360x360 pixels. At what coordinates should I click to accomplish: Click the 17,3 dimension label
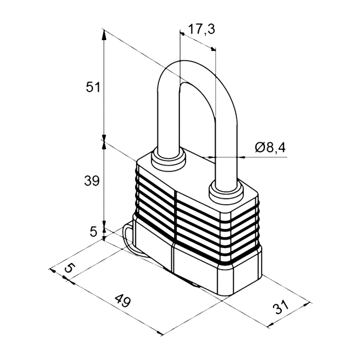pyautogui.click(x=201, y=29)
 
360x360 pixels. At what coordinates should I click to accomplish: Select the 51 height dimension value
pyautogui.click(x=93, y=87)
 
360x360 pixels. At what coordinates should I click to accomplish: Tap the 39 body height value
pyautogui.click(x=92, y=181)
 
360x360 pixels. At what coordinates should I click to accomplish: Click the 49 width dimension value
pyautogui.click(x=122, y=301)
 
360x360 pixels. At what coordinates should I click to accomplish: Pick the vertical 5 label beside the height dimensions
pyautogui.click(x=94, y=231)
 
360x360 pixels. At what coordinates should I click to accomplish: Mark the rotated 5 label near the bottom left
pyautogui.click(x=70, y=268)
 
